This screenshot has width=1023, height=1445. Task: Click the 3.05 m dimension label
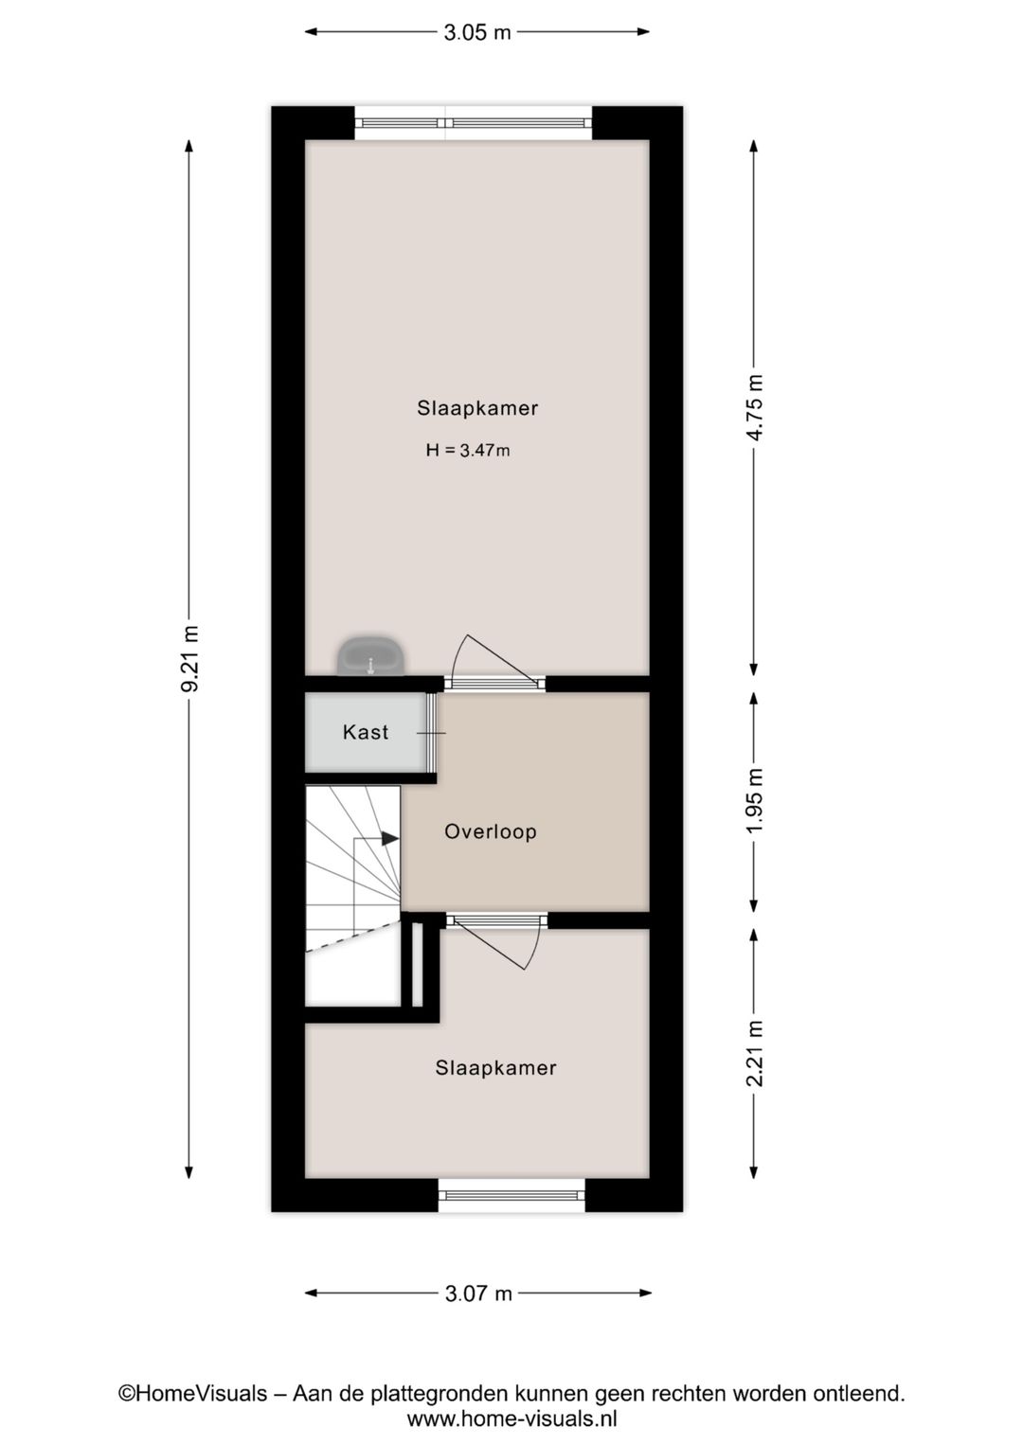click(x=477, y=32)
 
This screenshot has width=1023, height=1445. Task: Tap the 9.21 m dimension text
click(x=189, y=659)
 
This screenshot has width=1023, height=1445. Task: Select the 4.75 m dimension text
click(x=754, y=407)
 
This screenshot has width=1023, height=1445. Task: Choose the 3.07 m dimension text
click(x=478, y=1293)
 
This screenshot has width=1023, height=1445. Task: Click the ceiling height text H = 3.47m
click(x=467, y=451)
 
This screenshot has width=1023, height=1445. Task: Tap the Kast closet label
click(x=366, y=732)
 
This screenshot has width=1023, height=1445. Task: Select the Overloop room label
click(x=491, y=831)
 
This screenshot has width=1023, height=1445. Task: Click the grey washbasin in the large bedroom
click(x=370, y=656)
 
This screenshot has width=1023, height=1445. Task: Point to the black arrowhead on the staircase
click(x=390, y=839)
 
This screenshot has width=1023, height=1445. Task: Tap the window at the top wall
click(x=473, y=122)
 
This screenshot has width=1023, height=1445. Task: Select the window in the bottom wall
click(x=511, y=1195)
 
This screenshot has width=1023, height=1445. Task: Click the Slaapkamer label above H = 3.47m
click(x=477, y=408)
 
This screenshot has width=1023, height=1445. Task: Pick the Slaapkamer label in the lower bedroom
click(x=495, y=1067)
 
